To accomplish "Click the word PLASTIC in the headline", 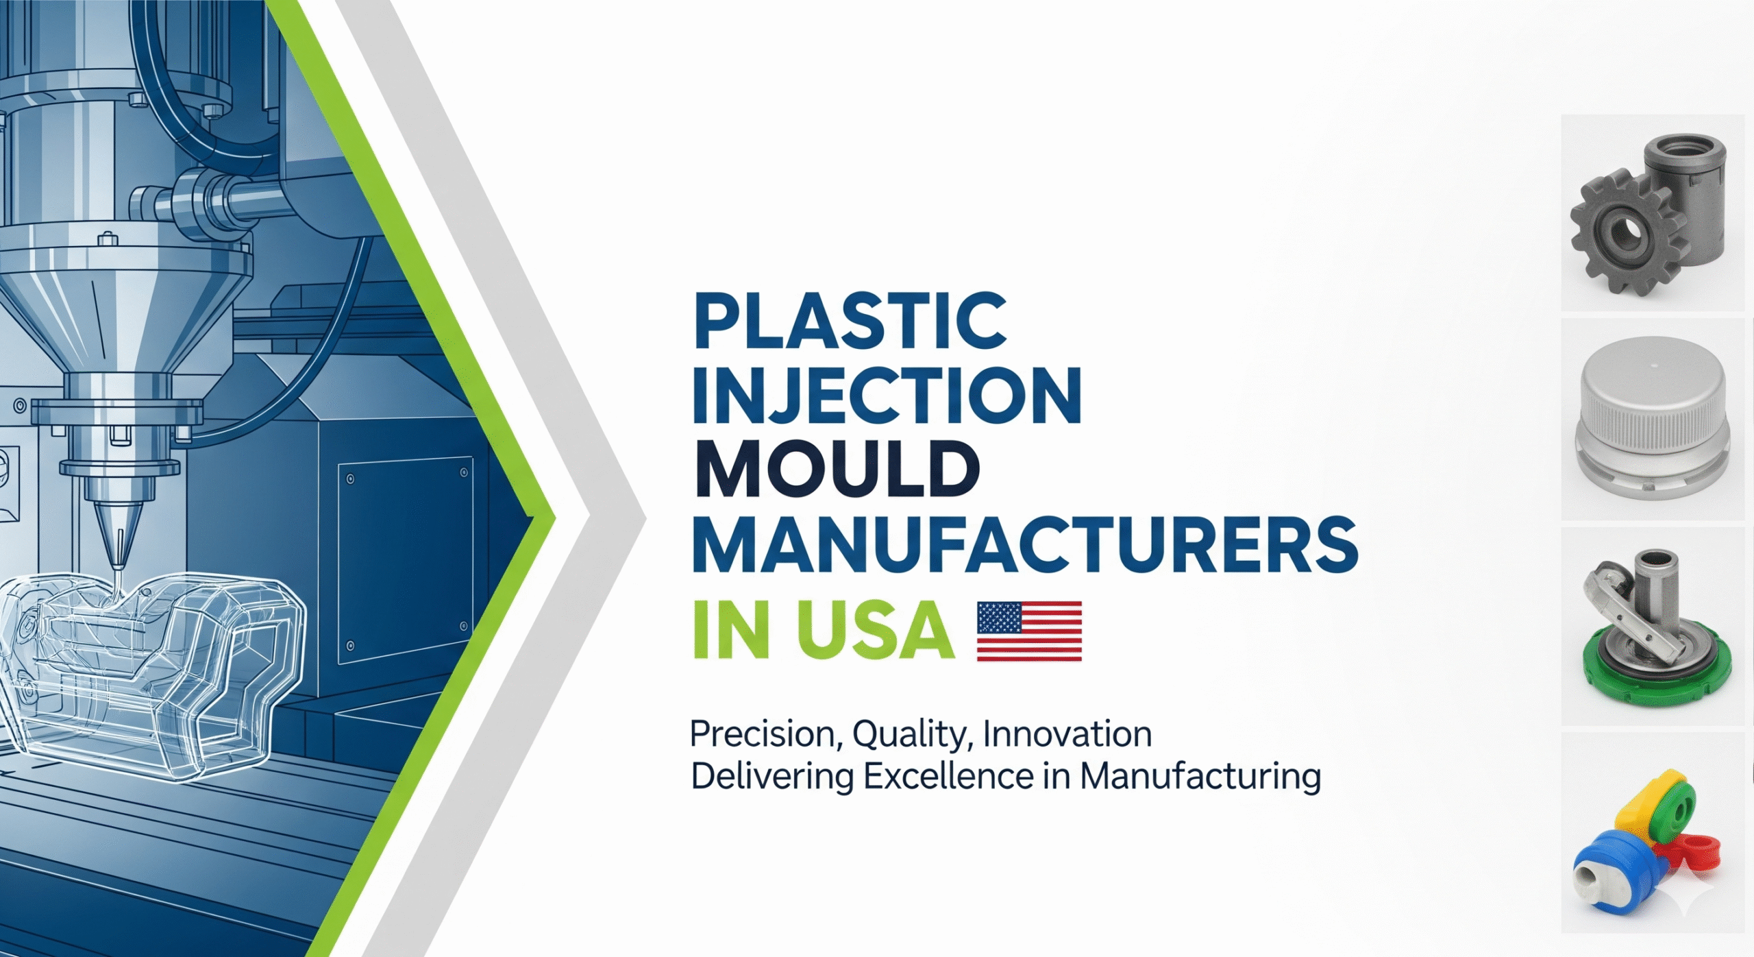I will click(850, 321).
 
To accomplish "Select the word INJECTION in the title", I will click(887, 396).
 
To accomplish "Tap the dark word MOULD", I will click(837, 470).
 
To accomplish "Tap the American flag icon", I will click(1029, 631).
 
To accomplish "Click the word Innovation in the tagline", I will click(1067, 734).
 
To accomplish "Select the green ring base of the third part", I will click(1658, 675).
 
